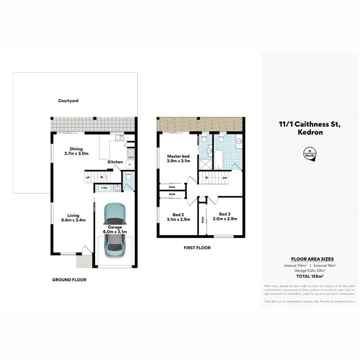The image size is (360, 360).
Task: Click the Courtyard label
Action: pyautogui.click(x=68, y=101)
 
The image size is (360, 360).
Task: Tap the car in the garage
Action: pyautogui.click(x=115, y=228)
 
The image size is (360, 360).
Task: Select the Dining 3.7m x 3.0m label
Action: pyautogui.click(x=76, y=151)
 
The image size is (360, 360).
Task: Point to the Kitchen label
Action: pyautogui.click(x=115, y=162)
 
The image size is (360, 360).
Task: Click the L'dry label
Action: pyautogui.click(x=104, y=187)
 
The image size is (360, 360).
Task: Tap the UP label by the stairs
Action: pyautogui.click(x=88, y=178)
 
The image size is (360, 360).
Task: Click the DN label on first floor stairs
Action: pyautogui.click(x=225, y=177)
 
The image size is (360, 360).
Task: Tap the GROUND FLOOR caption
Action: pyautogui.click(x=70, y=279)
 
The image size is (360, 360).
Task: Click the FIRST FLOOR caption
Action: pyautogui.click(x=197, y=248)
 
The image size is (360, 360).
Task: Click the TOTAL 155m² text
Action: pyautogui.click(x=309, y=277)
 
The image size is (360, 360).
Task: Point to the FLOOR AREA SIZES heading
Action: pyautogui.click(x=309, y=259)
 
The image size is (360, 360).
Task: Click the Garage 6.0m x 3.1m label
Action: pyautogui.click(x=115, y=229)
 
